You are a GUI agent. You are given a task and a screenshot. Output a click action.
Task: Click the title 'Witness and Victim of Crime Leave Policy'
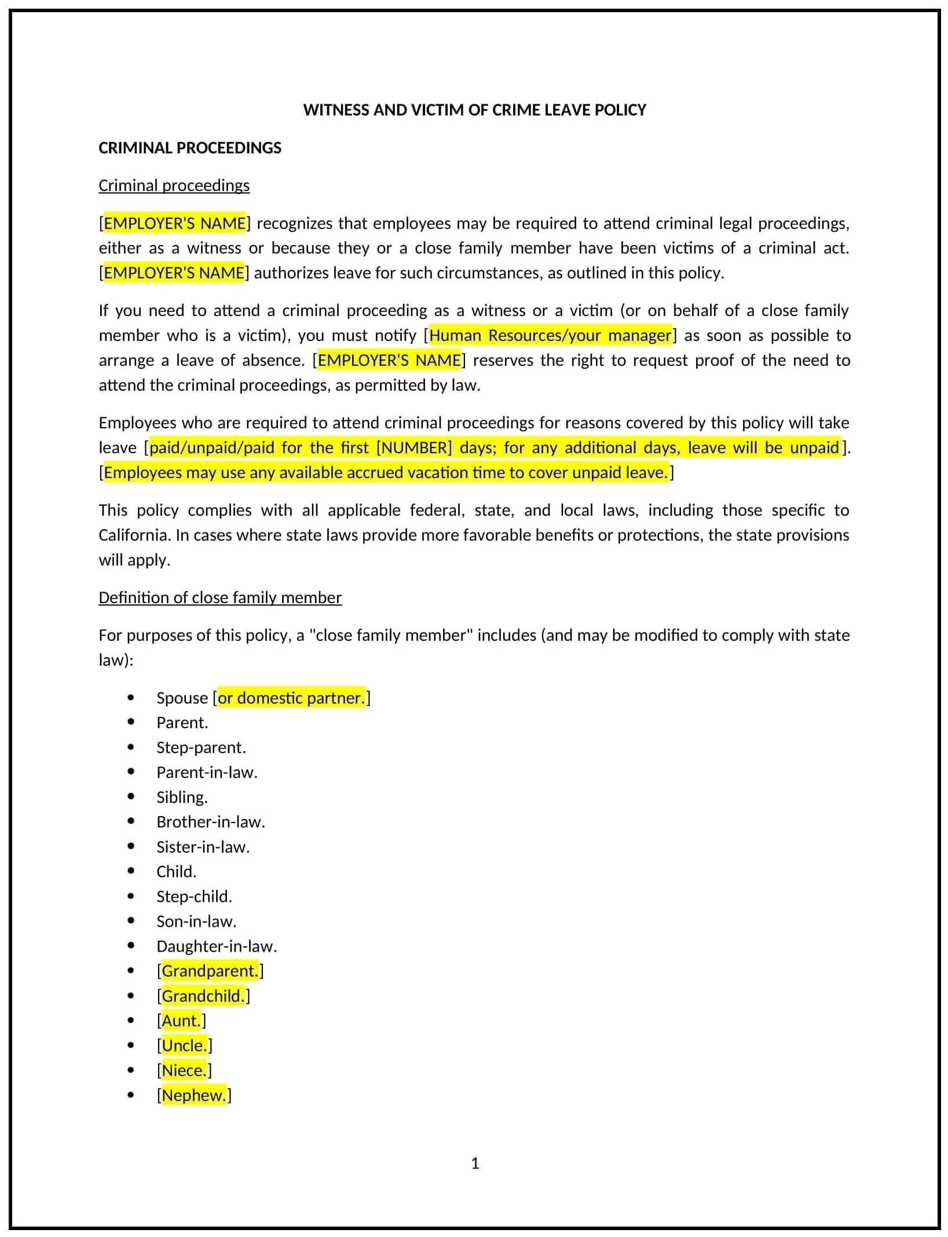474,110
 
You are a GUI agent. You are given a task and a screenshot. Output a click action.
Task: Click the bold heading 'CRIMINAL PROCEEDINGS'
189,148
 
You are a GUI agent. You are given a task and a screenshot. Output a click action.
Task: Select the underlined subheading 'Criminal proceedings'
174,185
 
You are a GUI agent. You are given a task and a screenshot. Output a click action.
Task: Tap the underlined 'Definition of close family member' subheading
220,597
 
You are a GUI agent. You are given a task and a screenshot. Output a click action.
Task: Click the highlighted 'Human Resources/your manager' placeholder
550,335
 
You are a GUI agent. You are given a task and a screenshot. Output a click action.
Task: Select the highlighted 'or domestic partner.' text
291,698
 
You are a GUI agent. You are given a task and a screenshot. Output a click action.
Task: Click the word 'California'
134,535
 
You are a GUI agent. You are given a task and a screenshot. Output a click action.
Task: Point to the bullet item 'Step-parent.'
201,747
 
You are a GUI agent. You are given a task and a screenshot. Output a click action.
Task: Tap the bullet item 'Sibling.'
182,797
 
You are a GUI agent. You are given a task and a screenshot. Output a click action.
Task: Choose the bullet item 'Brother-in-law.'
211,822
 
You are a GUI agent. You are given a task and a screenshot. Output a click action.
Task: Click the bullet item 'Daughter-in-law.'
217,946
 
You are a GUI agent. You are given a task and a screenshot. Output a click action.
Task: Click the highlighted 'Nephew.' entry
193,1095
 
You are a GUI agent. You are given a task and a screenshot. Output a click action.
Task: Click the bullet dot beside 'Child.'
131,871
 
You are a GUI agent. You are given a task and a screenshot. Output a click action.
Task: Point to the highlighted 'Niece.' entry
184,1070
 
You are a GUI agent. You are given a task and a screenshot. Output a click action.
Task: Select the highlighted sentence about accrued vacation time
386,472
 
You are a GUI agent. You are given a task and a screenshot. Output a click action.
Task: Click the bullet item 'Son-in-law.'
196,922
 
